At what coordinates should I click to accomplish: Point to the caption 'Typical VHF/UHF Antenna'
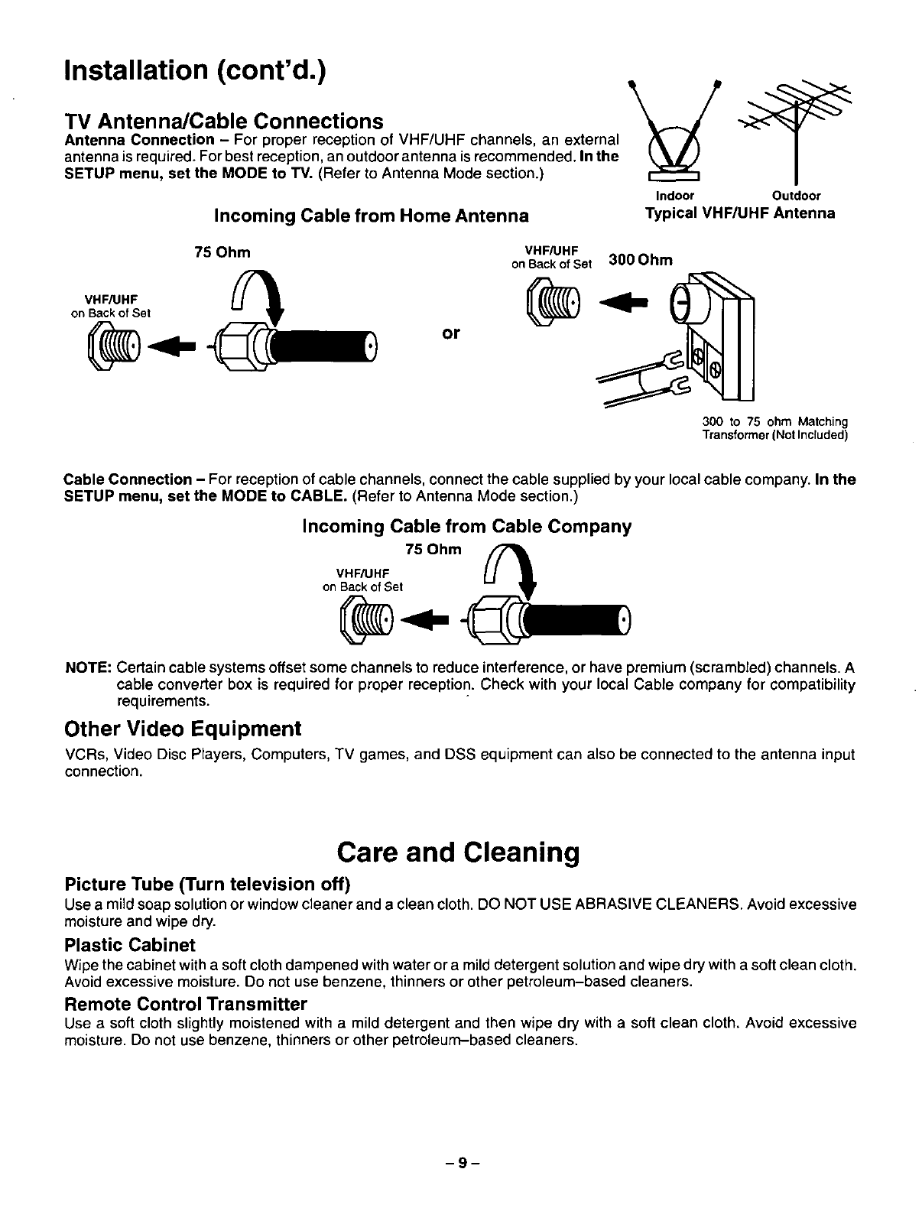pyautogui.click(x=740, y=213)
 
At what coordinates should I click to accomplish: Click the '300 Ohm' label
pyautogui.click(x=641, y=260)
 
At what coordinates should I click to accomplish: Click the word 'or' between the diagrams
pyautogui.click(x=451, y=333)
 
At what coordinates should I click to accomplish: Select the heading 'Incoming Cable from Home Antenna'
pyautogui.click(x=371, y=216)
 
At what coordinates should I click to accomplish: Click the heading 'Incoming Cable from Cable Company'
pyautogui.click(x=467, y=526)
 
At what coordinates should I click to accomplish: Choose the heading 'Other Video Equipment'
pyautogui.click(x=183, y=728)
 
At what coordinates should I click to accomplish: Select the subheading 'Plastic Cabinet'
pyautogui.click(x=130, y=945)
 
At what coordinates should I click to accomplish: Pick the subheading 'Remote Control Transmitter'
pyautogui.click(x=186, y=1003)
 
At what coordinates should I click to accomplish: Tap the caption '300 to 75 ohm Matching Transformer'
pyautogui.click(x=775, y=428)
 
